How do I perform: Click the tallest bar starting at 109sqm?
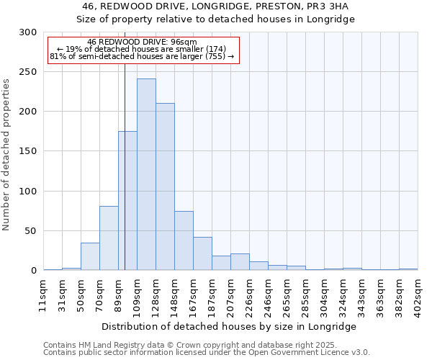(146, 174)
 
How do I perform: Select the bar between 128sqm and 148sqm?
(165, 186)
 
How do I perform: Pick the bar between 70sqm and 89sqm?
(109, 238)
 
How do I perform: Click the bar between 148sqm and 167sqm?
(184, 240)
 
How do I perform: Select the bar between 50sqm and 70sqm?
(90, 256)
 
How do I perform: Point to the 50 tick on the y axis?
(31, 231)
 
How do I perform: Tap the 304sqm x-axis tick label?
(325, 293)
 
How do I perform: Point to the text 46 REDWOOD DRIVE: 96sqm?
(141, 42)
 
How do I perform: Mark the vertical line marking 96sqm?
(125, 180)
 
